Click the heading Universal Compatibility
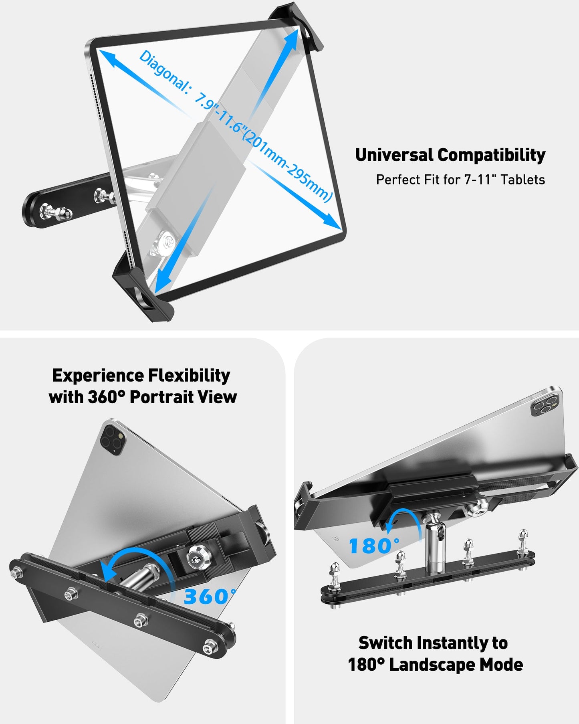point(450,155)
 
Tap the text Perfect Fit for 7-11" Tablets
point(460,180)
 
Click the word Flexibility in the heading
point(189,376)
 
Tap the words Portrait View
point(184,397)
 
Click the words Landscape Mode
point(456,665)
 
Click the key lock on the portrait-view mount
point(195,554)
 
